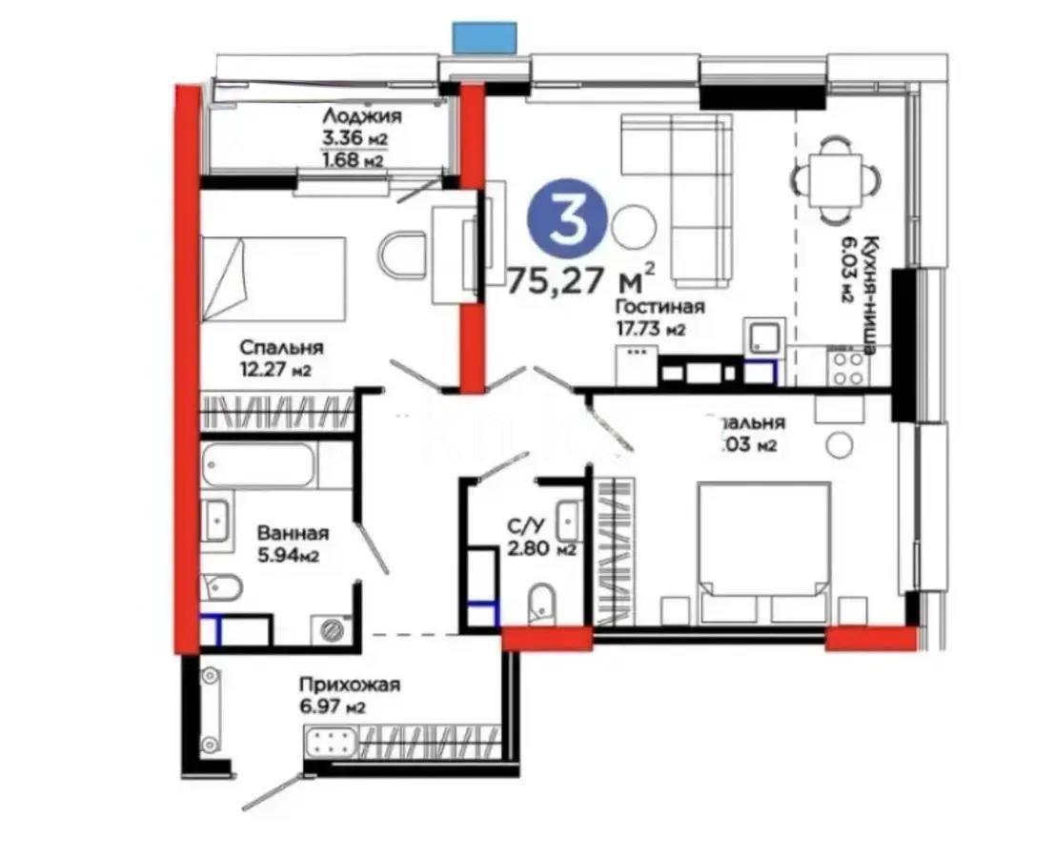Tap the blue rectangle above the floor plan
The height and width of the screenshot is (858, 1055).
tap(485, 37)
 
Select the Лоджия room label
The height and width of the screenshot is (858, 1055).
tap(361, 115)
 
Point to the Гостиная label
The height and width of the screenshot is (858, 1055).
tap(659, 307)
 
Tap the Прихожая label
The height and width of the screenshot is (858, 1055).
tap(348, 684)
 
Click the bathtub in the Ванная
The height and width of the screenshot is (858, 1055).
tap(257, 464)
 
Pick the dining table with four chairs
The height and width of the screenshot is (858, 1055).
tap(833, 176)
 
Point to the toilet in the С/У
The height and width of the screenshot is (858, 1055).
tap(540, 603)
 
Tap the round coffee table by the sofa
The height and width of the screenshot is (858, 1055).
tap(633, 226)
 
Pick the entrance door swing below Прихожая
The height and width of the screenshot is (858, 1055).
tap(279, 787)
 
